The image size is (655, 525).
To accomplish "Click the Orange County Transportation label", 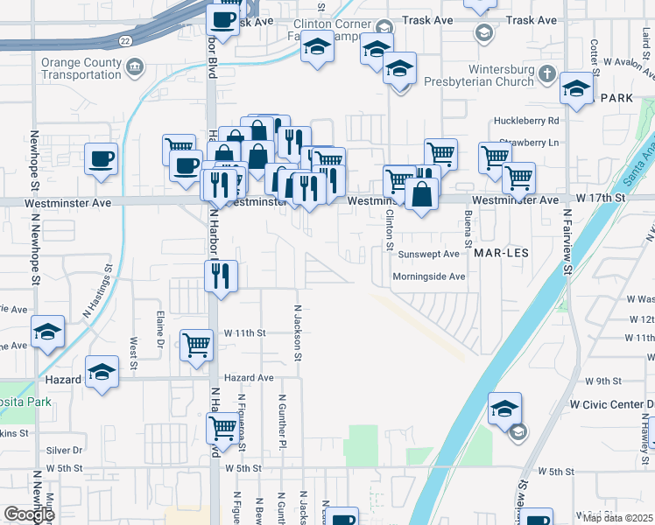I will point(81,69).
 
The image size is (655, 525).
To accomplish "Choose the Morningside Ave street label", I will point(428,276).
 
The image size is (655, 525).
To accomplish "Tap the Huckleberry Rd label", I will point(526,120).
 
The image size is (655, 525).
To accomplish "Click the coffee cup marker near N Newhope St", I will point(101,160).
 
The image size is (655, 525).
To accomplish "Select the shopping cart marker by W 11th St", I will point(197,345).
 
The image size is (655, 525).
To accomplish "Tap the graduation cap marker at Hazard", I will point(102,371).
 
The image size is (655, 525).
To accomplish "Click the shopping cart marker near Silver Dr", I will point(223,429).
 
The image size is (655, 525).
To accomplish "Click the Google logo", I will point(28,515).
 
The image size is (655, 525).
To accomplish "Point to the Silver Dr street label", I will point(65,450).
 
